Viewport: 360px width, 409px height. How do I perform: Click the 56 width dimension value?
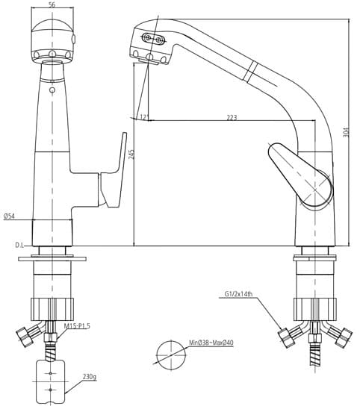pyautogui.click(x=52, y=4)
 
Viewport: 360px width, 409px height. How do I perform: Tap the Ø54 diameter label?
pyautogui.click(x=10, y=216)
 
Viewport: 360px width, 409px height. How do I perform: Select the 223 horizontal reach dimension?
pyautogui.click(x=232, y=117)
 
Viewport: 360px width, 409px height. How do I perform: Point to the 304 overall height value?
pyautogui.click(x=346, y=133)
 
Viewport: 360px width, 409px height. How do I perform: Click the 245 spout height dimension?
pyautogui.click(x=131, y=154)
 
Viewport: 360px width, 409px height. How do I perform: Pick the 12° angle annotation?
pyautogui.click(x=144, y=116)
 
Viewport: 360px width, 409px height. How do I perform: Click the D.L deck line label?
pyautogui.click(x=19, y=246)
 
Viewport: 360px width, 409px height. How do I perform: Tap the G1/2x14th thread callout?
pyautogui.click(x=238, y=294)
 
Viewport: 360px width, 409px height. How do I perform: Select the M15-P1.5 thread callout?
pyautogui.click(x=77, y=326)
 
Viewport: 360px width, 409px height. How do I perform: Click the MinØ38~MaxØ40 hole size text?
pyautogui.click(x=211, y=343)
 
